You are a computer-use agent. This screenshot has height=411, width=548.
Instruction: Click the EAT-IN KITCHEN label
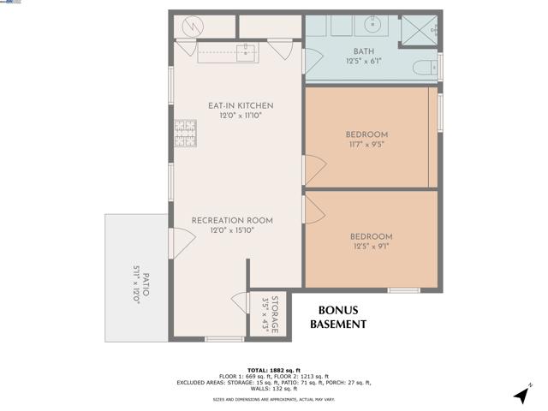240,105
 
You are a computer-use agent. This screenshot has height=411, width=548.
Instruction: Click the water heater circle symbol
194,27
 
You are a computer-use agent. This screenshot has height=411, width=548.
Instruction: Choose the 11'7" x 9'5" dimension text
366,146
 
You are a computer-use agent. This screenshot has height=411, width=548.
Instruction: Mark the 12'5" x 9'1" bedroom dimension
372,247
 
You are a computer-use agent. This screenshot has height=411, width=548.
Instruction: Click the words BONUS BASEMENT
337,317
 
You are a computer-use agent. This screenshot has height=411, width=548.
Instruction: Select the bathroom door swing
312,60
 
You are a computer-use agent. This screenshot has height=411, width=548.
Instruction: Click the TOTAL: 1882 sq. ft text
273,369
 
